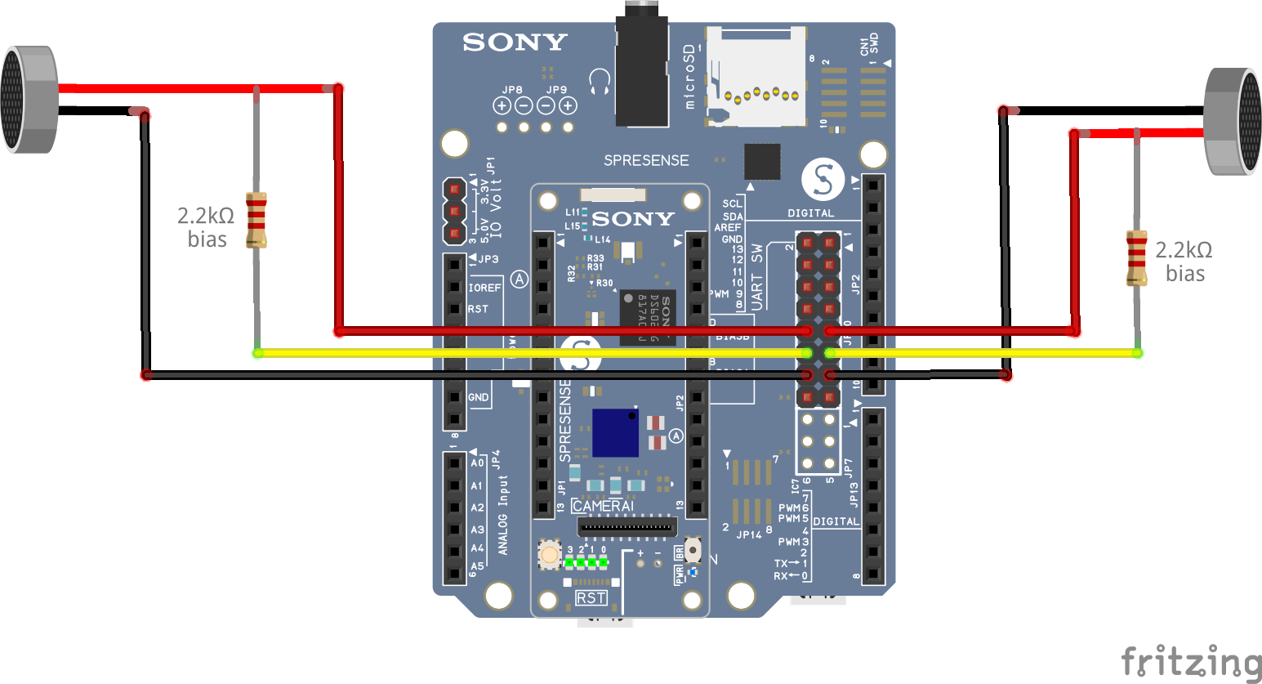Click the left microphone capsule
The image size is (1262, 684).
tap(29, 100)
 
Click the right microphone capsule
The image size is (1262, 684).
tap(1233, 122)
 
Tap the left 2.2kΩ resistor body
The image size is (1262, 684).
tap(256, 219)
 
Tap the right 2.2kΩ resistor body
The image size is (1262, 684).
tap(1136, 257)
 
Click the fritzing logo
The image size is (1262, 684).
tap(1191, 661)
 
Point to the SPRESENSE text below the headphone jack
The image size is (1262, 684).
tap(645, 160)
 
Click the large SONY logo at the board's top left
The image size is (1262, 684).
tap(515, 42)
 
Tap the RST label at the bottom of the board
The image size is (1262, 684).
tap(591, 598)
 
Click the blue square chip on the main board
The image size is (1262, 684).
tap(615, 432)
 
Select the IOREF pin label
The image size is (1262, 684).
tap(484, 288)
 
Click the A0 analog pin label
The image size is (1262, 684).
tap(477, 463)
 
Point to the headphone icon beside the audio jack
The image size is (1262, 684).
tap(600, 82)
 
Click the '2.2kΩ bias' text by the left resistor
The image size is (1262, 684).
tap(206, 227)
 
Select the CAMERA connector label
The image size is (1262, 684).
tap(603, 506)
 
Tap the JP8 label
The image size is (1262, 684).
tap(512, 90)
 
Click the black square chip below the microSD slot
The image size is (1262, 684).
tap(762, 161)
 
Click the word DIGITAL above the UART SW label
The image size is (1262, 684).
tap(810, 213)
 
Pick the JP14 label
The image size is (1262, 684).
tap(749, 534)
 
